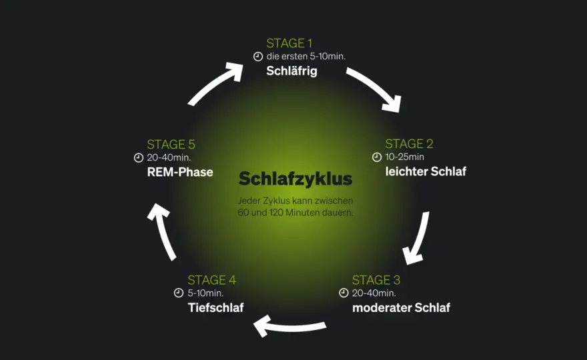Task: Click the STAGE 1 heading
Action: click(289, 43)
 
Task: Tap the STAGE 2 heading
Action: click(409, 144)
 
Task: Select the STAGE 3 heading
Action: click(376, 280)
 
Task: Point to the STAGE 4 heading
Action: click(211, 280)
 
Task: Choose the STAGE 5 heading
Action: click(171, 145)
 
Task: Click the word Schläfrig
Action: click(291, 71)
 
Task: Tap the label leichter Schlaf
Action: click(426, 171)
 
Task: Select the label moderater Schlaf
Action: click(401, 307)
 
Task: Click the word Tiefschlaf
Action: click(215, 307)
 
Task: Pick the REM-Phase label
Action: click(180, 172)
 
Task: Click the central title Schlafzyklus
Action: click(296, 179)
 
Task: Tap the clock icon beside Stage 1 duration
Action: click(258, 57)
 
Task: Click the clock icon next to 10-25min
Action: click(377, 157)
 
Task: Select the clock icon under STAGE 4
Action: click(179, 293)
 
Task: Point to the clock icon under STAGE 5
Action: click(139, 158)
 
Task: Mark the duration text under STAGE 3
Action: click(374, 293)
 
